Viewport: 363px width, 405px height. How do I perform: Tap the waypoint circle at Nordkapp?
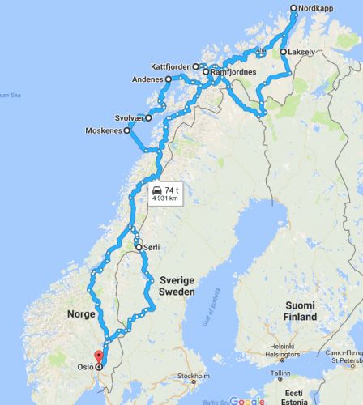click(294, 8)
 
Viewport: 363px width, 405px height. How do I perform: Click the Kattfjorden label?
click(170, 66)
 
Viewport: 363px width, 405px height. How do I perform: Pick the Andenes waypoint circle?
click(168, 80)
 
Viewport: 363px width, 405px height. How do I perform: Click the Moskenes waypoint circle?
click(126, 131)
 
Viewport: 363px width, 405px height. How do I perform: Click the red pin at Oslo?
click(98, 357)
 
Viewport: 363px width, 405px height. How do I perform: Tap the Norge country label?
click(83, 313)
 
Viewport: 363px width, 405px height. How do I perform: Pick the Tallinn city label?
click(280, 373)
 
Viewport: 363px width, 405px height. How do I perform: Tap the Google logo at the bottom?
click(247, 399)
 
